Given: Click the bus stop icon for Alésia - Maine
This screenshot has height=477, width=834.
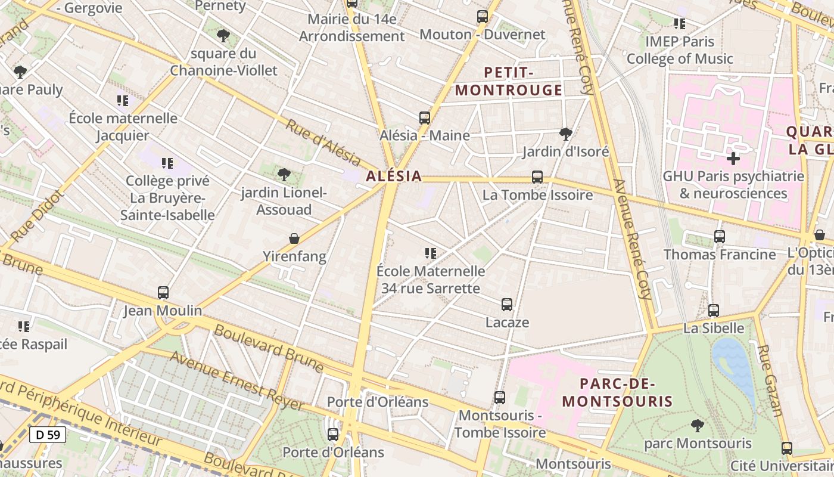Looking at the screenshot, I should click(x=424, y=118).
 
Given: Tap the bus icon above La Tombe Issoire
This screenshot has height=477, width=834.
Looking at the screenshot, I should click(x=537, y=177).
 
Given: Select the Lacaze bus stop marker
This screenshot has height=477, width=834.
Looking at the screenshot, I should click(x=506, y=305).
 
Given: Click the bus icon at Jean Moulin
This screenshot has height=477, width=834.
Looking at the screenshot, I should click(x=163, y=293).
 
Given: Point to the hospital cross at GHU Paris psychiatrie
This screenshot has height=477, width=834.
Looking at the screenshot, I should click(x=733, y=159).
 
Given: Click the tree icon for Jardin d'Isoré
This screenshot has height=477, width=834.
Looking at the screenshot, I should click(x=565, y=134).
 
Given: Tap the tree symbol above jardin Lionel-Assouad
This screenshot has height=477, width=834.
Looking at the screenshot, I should click(x=284, y=175).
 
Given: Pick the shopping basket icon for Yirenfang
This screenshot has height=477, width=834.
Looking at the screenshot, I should click(x=294, y=238).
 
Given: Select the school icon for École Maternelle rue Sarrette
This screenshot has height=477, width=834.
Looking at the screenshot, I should click(x=430, y=253).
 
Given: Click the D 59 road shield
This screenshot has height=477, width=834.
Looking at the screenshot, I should click(x=48, y=435).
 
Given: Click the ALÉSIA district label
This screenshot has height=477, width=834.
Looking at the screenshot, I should click(x=394, y=176).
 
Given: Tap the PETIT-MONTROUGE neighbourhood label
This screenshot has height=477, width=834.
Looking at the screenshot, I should click(x=508, y=81).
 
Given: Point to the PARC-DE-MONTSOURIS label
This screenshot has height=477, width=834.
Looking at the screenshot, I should click(x=617, y=392).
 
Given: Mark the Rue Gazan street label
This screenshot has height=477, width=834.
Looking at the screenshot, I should click(x=771, y=380).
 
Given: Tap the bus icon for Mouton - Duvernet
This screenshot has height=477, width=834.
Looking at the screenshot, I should click(x=482, y=17).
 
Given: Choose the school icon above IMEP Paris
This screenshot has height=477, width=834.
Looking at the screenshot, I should click(x=679, y=24).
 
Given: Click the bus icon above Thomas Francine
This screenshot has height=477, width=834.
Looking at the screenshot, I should click(x=719, y=237).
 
